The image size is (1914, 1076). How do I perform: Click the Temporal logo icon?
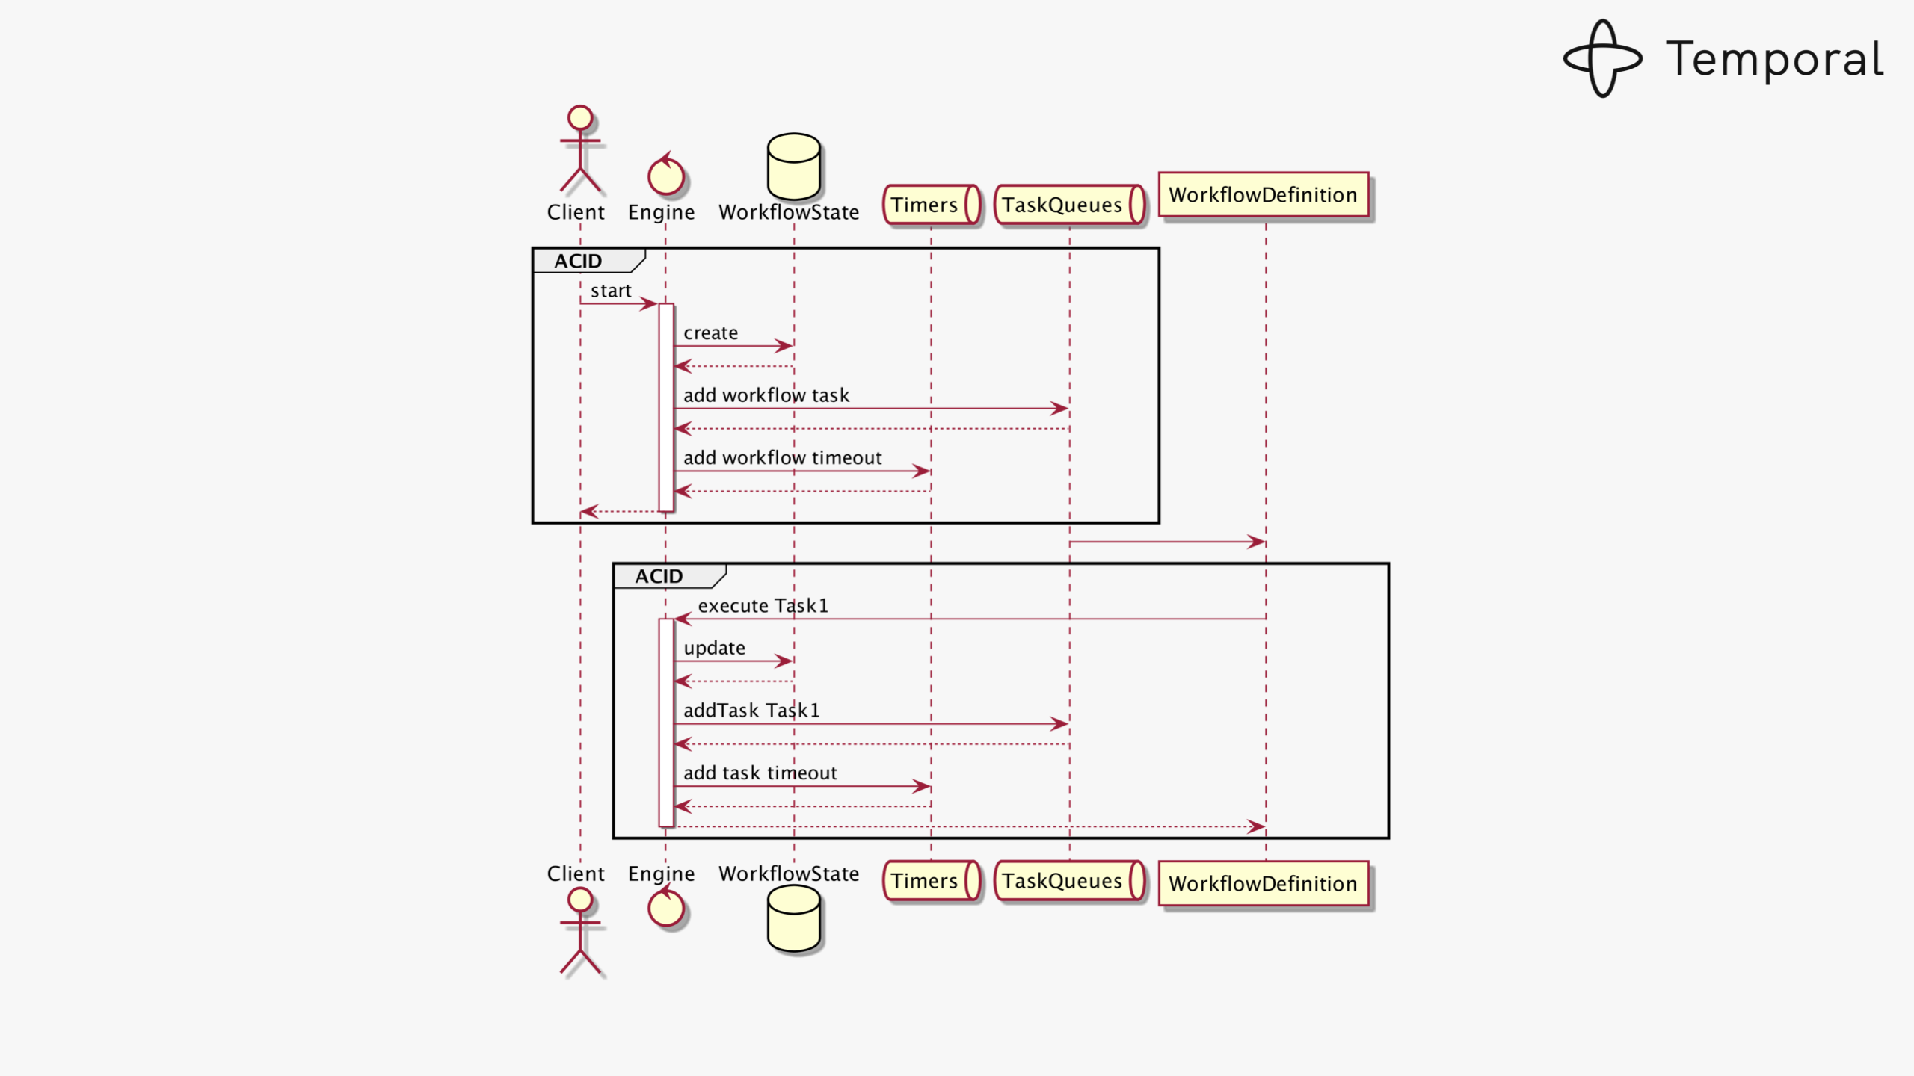tap(1602, 58)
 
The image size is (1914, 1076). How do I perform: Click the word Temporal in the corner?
tap(1774, 59)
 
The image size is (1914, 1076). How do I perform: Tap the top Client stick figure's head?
tap(580, 118)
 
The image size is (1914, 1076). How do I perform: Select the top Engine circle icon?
tap(665, 176)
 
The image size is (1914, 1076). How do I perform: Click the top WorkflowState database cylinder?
tap(793, 166)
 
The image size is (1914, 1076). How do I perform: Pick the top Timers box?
tap(932, 205)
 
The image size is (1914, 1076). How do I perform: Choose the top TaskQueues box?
tap(1069, 205)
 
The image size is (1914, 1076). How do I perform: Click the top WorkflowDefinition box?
tap(1263, 195)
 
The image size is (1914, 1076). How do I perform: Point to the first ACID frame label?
tap(579, 261)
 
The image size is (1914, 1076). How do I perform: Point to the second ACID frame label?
tap(659, 576)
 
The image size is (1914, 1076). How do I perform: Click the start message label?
tap(611, 291)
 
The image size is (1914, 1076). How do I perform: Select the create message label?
tap(710, 333)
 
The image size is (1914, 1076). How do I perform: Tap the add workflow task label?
tap(766, 395)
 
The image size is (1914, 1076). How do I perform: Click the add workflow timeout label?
tap(783, 457)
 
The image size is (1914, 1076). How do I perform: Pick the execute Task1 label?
tap(763, 606)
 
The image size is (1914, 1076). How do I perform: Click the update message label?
tap(714, 648)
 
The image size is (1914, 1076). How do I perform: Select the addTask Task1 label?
tap(751, 711)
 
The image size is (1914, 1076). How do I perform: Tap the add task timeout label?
tap(760, 773)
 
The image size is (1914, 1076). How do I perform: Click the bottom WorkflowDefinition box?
tap(1263, 884)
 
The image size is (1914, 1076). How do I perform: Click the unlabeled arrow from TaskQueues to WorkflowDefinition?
tap(1166, 542)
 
